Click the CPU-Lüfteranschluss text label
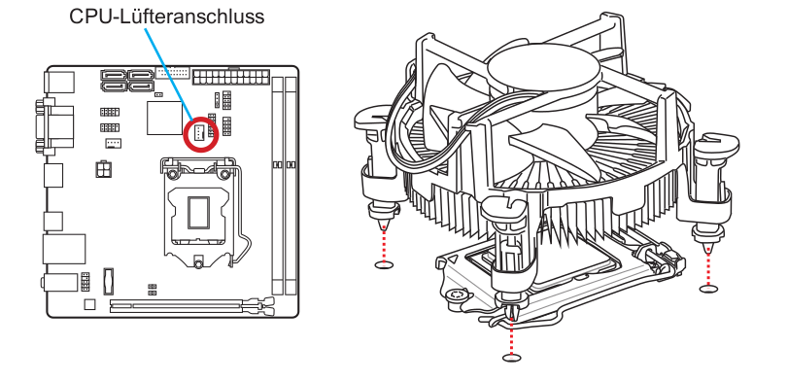coord(166,17)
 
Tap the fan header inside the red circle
coord(200,133)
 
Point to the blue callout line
coord(169,75)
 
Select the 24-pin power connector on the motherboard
coord(230,78)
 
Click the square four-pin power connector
coord(104,169)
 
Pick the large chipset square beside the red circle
coord(164,119)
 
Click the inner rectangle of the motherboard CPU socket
coord(198,213)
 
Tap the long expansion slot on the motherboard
coord(192,305)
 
